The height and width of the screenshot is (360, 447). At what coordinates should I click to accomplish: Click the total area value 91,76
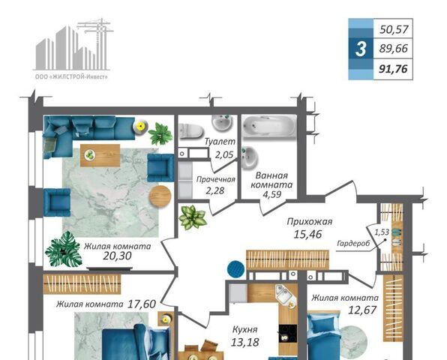pos(393,69)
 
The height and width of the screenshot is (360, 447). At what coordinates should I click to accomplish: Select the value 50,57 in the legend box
pos(394,29)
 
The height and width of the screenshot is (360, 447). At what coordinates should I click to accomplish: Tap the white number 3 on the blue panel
pos(361,49)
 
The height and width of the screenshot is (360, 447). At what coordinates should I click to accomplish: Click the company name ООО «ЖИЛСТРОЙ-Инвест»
pos(71,77)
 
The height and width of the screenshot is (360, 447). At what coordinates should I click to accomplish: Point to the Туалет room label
pos(220,142)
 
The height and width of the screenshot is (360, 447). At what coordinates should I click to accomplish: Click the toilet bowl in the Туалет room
pos(190,131)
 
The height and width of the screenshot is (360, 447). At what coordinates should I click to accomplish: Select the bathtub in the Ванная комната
pos(268,127)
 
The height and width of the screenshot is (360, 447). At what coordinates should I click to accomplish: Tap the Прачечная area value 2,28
pos(215,190)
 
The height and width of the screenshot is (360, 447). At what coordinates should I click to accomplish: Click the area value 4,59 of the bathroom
pos(271,194)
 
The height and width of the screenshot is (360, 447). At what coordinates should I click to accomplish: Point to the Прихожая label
pos(310,221)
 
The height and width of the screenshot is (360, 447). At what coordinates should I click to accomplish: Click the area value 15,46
pos(307,234)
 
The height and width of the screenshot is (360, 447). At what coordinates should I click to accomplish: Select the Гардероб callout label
pos(353,243)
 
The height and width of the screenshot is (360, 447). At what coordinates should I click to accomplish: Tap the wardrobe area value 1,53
pos(382,232)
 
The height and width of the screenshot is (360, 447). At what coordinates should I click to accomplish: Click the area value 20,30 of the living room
pos(117,256)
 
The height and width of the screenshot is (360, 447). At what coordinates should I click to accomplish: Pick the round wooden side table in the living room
pos(160,196)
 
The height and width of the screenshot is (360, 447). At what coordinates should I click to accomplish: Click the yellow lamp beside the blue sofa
pos(140,126)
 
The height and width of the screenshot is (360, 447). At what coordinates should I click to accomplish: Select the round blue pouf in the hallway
pos(236,268)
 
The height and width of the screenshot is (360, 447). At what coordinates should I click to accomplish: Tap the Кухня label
pos(245,329)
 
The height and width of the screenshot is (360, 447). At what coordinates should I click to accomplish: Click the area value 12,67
pos(362,310)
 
